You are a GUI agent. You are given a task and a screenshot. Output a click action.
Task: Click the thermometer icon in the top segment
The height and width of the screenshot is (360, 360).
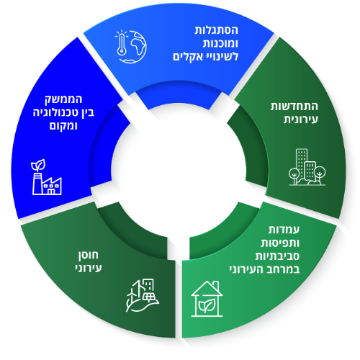click(121, 43)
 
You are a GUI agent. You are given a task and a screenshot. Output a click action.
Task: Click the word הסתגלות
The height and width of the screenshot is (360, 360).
click(216, 30)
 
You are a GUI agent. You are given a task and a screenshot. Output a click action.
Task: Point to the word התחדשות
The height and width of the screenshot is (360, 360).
click(294, 107)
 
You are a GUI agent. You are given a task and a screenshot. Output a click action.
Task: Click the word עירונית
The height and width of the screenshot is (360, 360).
click(301, 120)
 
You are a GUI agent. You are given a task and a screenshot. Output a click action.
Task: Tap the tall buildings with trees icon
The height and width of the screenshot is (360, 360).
click(307, 167)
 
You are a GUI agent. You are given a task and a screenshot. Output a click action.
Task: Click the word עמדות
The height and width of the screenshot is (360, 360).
click(284, 230)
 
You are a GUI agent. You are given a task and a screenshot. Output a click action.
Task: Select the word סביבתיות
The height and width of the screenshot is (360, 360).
click(277, 256)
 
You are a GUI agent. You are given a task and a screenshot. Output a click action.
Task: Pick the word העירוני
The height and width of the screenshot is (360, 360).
click(246, 269)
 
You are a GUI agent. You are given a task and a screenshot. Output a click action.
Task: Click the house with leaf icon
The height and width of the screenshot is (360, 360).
click(207, 299)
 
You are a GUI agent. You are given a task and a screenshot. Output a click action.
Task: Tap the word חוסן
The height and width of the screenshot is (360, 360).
click(89, 255)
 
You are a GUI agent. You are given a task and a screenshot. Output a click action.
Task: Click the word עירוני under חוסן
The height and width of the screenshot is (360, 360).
click(89, 268)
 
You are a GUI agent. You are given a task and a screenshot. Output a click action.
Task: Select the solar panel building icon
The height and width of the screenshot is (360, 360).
click(143, 295)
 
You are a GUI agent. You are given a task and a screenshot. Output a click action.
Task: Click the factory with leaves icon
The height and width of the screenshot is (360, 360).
click(47, 177)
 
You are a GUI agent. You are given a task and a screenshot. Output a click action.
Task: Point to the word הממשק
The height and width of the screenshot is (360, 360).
click(63, 99)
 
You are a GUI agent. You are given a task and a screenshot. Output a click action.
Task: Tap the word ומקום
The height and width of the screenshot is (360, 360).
click(63, 125)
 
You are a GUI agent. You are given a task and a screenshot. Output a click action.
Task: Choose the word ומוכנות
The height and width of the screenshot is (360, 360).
click(220, 44)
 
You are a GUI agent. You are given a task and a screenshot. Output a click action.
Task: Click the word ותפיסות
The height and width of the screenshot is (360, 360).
click(280, 243)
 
